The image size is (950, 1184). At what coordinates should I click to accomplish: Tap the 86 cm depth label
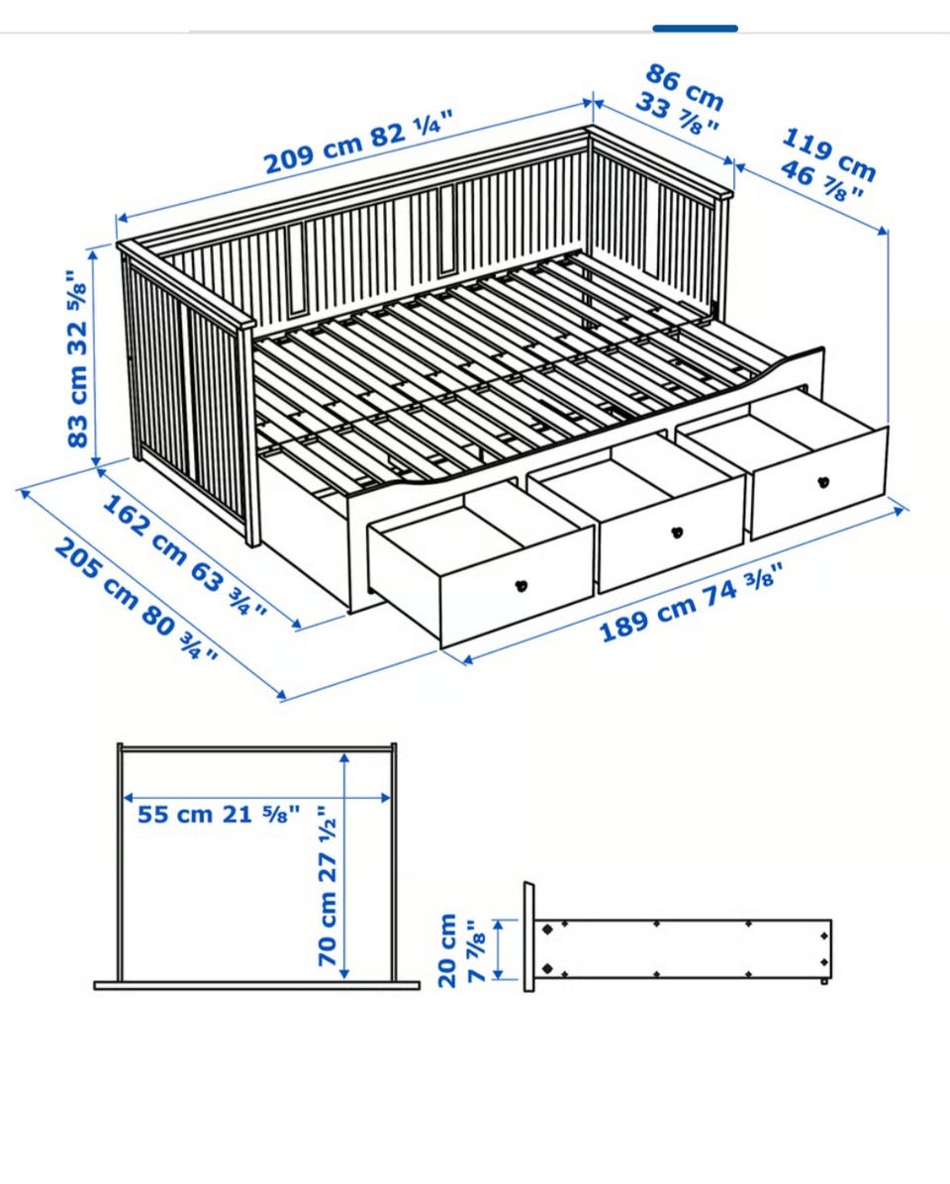point(685,87)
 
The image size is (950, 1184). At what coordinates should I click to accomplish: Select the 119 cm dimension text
point(828,154)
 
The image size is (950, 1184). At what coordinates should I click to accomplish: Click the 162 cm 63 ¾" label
point(184,555)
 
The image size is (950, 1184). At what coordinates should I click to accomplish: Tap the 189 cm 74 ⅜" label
point(687,603)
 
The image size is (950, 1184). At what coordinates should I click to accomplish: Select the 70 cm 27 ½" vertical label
point(329,886)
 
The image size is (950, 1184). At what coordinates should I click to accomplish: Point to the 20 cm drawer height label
point(447,950)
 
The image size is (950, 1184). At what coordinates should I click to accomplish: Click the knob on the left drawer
point(521,584)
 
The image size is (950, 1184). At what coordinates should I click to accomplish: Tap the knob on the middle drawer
point(677,534)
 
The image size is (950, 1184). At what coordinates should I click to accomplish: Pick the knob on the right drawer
point(823,482)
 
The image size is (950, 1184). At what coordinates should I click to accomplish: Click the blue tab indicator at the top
point(695,29)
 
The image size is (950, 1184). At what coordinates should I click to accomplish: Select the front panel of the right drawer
point(819,483)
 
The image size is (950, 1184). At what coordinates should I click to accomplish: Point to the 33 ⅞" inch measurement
point(676,113)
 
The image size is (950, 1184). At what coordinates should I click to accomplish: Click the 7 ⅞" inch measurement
point(475,950)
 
